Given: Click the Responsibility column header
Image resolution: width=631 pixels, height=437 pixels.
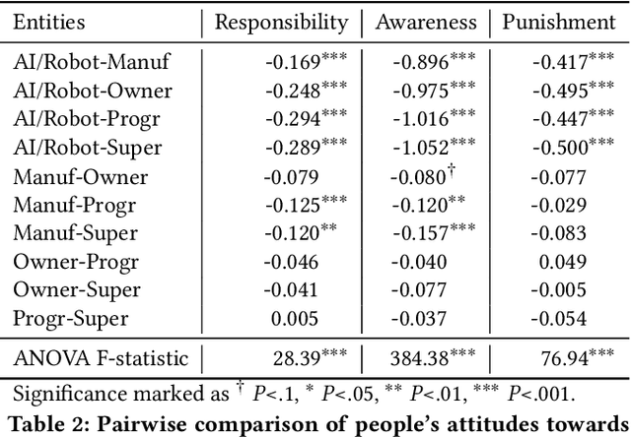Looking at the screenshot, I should coord(281,23).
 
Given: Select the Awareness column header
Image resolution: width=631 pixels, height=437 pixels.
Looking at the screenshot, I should coord(426,23).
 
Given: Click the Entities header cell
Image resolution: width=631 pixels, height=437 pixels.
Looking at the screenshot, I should coord(50,23).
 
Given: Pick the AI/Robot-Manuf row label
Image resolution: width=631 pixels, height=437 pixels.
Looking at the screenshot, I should coord(93,63).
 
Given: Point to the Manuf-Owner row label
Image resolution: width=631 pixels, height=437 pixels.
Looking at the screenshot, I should coord(81,177).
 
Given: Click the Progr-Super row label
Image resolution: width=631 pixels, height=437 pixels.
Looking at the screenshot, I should coord(75,319).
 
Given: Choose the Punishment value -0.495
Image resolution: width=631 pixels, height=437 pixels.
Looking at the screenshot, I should coord(559,93).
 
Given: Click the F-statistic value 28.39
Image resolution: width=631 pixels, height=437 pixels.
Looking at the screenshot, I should coord(297,356).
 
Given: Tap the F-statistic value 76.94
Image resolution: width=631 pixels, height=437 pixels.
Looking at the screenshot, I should coord(561,356).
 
